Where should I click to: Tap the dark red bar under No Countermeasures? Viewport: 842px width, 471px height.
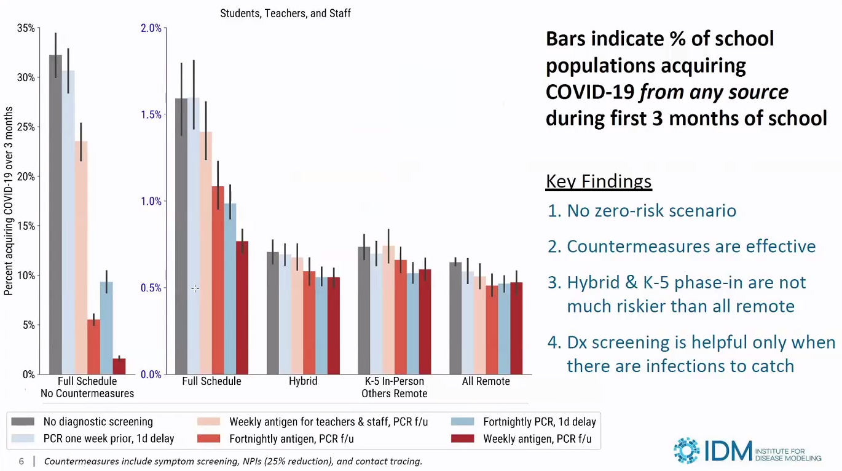(x=119, y=366)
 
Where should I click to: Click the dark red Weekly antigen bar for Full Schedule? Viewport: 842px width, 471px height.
(x=242, y=307)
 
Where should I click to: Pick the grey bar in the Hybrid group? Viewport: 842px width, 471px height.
(x=272, y=313)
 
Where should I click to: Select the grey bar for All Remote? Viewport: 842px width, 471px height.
(x=455, y=318)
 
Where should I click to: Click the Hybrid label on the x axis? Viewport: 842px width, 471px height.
(x=303, y=381)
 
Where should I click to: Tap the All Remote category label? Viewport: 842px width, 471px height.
(x=486, y=381)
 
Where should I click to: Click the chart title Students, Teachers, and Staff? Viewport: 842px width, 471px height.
(x=285, y=13)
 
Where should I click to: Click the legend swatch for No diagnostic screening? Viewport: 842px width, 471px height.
(x=23, y=422)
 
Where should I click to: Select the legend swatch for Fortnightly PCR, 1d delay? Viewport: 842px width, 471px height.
(x=462, y=422)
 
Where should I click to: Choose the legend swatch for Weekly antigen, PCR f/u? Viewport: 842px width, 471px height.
(x=462, y=438)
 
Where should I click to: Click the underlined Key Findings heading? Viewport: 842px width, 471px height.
(x=599, y=181)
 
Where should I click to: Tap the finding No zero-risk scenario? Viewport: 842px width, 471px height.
(x=642, y=211)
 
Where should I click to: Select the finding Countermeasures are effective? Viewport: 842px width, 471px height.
(x=682, y=247)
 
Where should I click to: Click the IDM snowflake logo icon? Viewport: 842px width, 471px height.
(x=686, y=450)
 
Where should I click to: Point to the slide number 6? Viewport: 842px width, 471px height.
(x=22, y=461)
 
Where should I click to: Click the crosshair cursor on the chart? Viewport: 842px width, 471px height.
(x=195, y=288)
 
